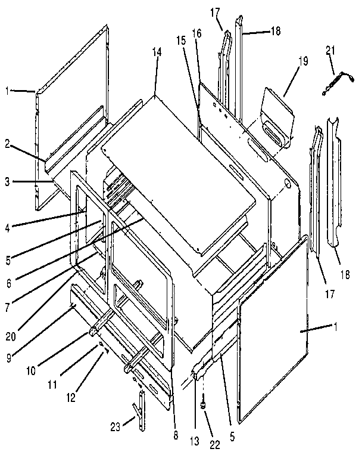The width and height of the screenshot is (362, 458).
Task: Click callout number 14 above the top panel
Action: [157, 52]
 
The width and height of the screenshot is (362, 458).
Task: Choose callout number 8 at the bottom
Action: [175, 436]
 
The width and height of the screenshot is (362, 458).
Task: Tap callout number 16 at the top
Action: [196, 33]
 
